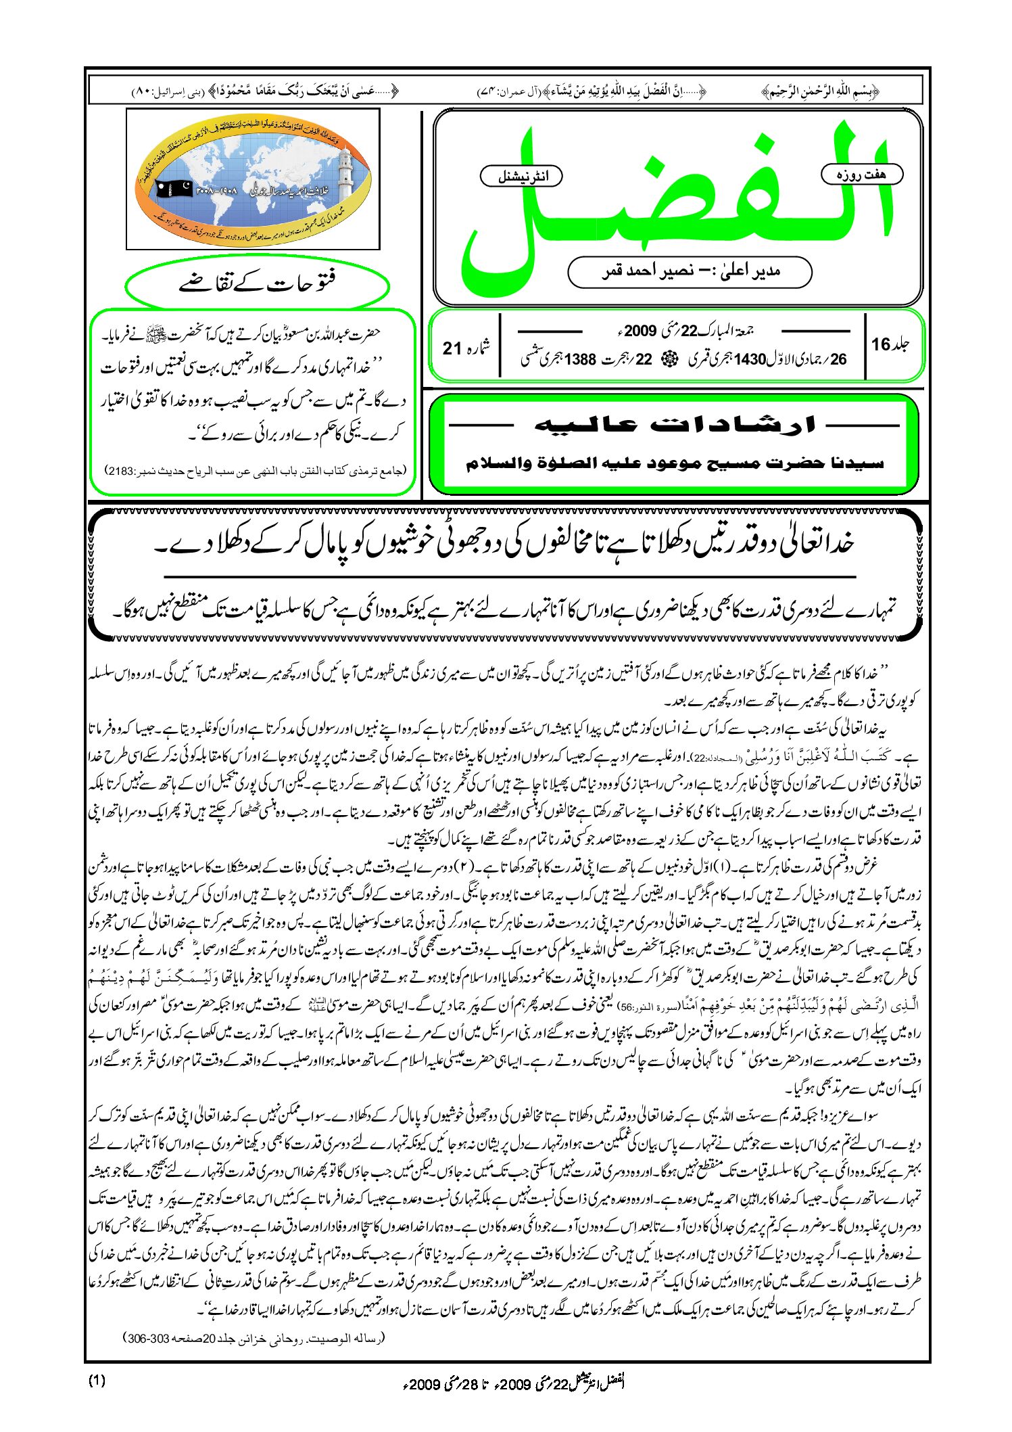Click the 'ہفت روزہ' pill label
point(861,175)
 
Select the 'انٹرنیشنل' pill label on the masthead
point(522,177)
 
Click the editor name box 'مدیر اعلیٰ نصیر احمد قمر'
point(690,271)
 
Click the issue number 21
point(453,348)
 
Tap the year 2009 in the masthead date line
point(640,331)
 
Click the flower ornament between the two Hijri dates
point(669,359)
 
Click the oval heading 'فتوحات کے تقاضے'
point(258,283)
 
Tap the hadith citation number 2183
point(123,470)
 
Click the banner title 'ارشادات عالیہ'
point(674,425)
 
